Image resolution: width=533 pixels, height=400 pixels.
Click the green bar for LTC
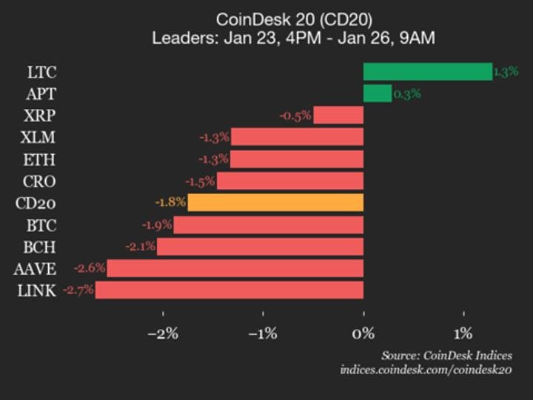pos(427,71)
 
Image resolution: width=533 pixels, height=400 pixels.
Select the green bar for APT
pos(377,93)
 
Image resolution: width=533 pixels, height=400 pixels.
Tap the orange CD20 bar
pos(275,202)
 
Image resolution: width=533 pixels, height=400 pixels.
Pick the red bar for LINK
pos(229,290)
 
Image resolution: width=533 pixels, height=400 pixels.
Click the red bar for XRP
pos(338,115)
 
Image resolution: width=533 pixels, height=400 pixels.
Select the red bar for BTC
pos(268,224)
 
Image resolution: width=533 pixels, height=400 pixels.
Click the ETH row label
pos(40,159)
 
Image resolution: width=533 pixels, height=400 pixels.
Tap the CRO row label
pos(39,181)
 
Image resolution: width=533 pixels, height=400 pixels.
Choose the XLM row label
pos(39,137)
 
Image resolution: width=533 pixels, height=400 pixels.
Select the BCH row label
pos(39,247)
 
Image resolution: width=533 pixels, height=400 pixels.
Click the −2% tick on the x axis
pos(163,333)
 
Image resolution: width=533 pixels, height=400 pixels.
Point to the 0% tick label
pos(363,333)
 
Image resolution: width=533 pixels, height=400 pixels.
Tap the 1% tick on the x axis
pos(463,333)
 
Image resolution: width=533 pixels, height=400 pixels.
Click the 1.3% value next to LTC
pos(506,72)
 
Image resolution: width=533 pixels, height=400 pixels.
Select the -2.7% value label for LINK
pos(78,290)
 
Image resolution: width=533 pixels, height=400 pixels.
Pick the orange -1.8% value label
pos(170,203)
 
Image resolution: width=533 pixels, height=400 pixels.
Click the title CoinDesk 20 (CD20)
pos(293,19)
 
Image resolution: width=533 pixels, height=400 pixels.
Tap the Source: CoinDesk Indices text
pos(446,356)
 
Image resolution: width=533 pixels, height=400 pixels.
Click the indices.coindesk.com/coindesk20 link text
pos(426,370)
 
